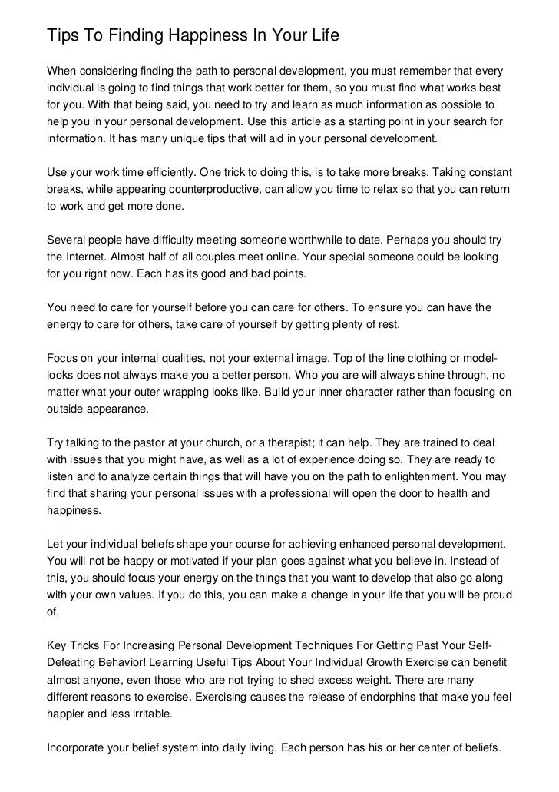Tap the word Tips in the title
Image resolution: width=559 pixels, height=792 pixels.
click(x=62, y=36)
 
